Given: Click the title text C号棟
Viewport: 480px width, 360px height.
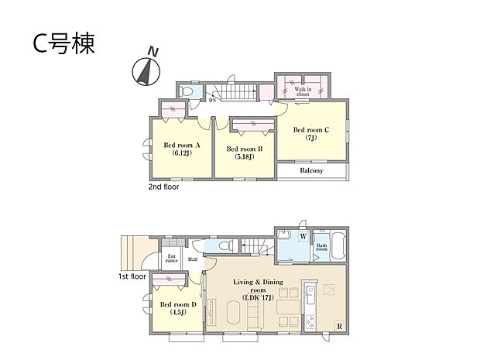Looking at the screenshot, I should [63, 44].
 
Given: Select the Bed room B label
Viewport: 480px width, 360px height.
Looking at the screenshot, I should [245, 153].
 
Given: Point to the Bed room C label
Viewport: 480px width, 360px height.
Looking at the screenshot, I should [311, 134].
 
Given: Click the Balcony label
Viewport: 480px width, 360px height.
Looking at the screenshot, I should [311, 171].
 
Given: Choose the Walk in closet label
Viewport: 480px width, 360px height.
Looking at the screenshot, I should [303, 92].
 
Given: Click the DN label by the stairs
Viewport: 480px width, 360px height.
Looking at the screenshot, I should [211, 100].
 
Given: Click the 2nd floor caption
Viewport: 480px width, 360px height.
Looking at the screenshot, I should [164, 187].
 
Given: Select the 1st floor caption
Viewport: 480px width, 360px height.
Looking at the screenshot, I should [132, 276].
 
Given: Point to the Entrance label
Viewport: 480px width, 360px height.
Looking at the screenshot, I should [171, 259].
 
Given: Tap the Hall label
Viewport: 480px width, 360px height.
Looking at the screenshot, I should [192, 259].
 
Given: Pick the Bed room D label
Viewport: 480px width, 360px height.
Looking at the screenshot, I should [180, 308].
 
